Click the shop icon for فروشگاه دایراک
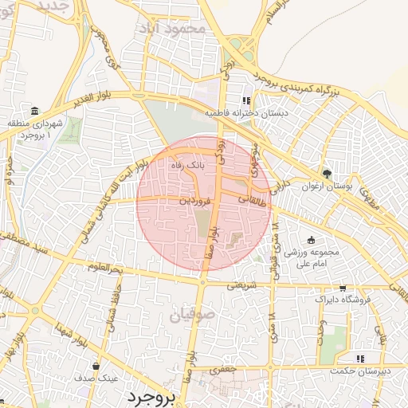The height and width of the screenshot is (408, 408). (343, 288)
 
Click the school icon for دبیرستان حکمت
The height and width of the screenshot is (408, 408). (359, 358)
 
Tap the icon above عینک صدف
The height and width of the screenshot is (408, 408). (96, 367)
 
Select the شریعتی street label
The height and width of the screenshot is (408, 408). (242, 284)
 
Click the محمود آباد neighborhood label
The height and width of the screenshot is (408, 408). (181, 27)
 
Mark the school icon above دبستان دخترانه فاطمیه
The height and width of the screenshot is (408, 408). (246, 100)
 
